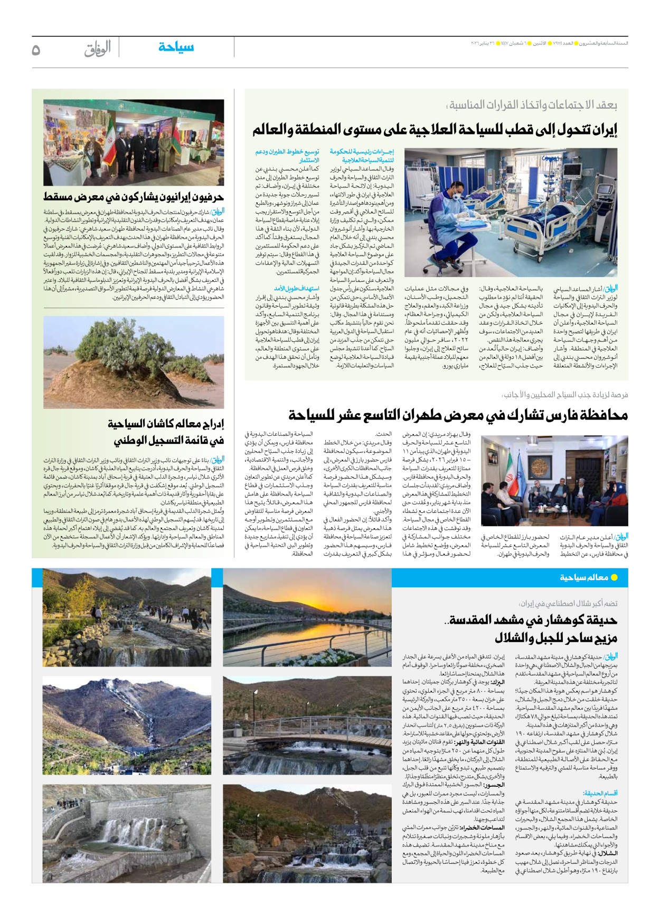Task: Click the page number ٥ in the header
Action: pos(36,50)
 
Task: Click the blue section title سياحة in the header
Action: pos(176,47)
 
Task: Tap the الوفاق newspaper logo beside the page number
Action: pos(98,49)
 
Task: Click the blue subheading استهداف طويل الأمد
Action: pos(296,289)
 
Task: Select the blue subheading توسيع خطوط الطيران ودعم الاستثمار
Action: pos(288,155)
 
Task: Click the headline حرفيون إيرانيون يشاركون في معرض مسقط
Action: pos(134,197)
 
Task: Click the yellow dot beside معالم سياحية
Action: pos(614,577)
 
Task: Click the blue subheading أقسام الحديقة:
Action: pos(600,793)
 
